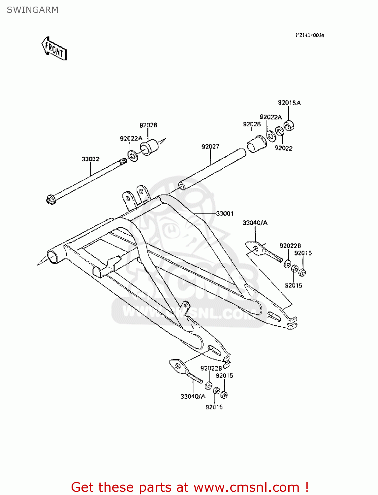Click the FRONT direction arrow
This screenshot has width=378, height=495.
(54, 49)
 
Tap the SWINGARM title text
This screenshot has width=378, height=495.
(32, 10)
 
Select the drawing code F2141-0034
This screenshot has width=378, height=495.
(309, 35)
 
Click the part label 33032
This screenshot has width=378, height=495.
(90, 159)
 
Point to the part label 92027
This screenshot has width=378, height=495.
(210, 147)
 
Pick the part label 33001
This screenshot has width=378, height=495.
(225, 214)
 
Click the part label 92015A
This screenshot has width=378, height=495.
(289, 103)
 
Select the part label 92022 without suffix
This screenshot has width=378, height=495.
(284, 148)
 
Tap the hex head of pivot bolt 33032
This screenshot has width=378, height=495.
(50, 199)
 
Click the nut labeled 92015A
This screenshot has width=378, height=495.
(289, 126)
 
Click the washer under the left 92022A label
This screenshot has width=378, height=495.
(133, 155)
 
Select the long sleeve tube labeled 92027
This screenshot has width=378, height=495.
(213, 169)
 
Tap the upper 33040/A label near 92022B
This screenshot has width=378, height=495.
(255, 223)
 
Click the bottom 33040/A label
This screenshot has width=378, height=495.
(193, 396)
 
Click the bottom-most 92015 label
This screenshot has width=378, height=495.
(214, 407)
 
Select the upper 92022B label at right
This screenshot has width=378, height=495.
(290, 246)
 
